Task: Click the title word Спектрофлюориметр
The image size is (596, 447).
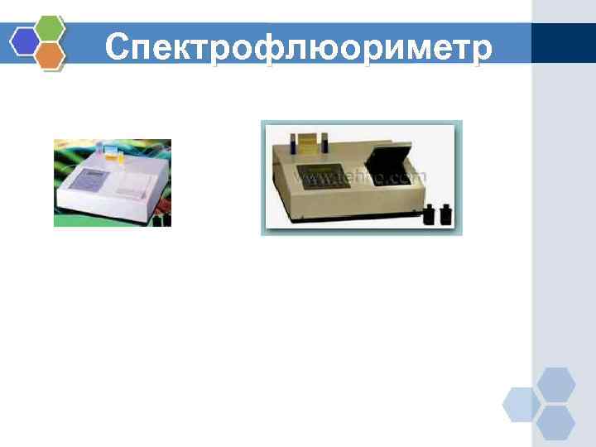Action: [x=298, y=48]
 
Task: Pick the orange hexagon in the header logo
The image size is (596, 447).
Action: [x=50, y=55]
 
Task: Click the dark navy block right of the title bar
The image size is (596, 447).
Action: [x=563, y=43]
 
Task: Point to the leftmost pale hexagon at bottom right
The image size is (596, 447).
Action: [x=521, y=404]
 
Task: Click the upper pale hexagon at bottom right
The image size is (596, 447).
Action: [x=555, y=385]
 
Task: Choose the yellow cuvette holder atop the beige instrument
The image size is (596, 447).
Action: [x=307, y=142]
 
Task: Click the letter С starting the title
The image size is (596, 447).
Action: [x=118, y=48]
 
